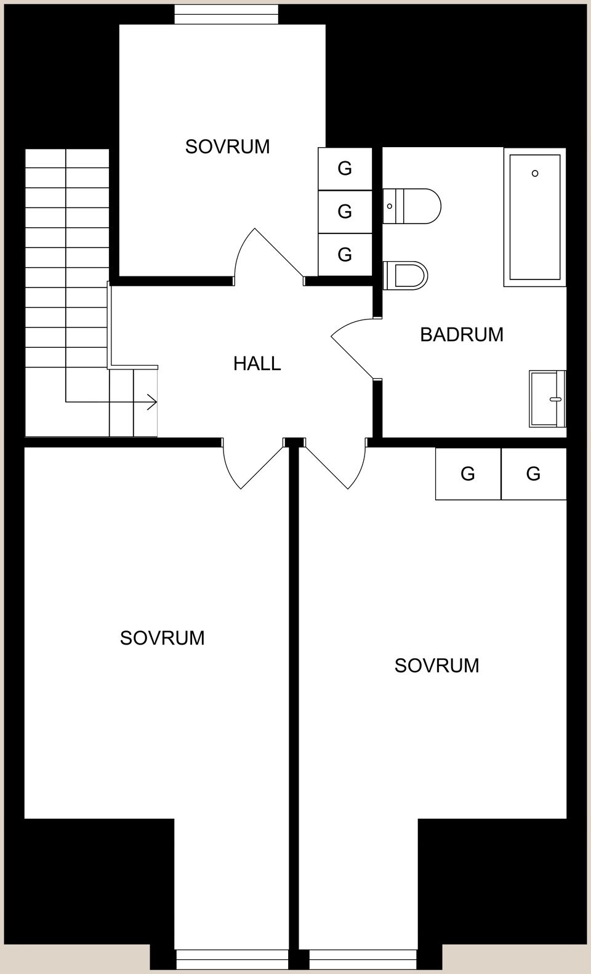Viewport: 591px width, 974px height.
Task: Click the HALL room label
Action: click(x=257, y=364)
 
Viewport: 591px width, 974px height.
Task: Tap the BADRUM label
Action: click(x=462, y=334)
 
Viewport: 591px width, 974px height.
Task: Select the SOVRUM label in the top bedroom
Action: click(x=227, y=147)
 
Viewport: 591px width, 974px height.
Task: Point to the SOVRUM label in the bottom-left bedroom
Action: click(x=162, y=638)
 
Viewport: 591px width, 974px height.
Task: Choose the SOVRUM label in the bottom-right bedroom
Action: click(x=436, y=666)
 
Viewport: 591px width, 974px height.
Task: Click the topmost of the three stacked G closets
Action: click(x=345, y=169)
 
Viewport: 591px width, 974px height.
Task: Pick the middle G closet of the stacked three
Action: click(x=345, y=212)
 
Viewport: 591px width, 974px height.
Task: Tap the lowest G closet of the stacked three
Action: click(x=345, y=254)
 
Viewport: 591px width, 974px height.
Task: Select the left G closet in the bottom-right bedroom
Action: click(x=468, y=473)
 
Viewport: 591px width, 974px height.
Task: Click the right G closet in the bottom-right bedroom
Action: click(x=533, y=473)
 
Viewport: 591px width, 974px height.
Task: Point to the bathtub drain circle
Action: click(x=535, y=174)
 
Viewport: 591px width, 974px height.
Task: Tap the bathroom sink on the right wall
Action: click(x=547, y=399)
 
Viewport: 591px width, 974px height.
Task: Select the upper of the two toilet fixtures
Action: click(x=412, y=206)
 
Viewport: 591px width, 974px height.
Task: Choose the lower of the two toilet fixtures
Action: click(x=406, y=275)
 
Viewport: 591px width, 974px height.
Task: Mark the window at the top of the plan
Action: click(x=227, y=14)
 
